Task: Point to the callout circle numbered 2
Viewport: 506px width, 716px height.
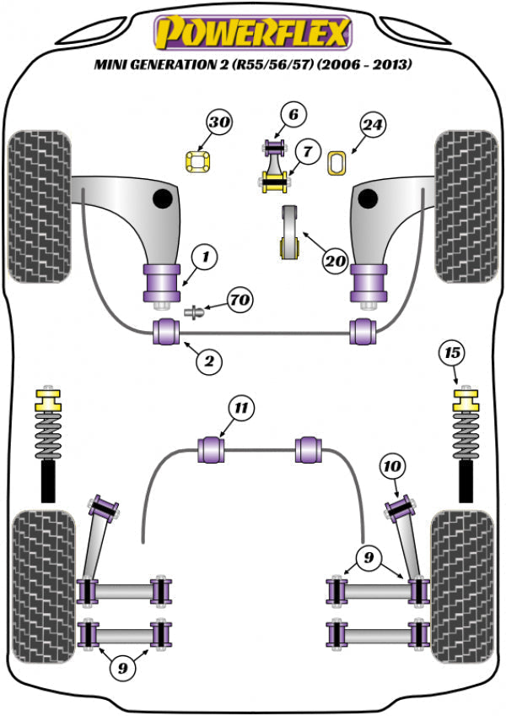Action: point(209,362)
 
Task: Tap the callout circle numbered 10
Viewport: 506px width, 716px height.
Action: point(393,465)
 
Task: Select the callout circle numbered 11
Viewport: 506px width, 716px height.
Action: point(242,410)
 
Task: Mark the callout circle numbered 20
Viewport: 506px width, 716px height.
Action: point(335,262)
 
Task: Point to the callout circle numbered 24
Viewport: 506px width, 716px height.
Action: point(374,127)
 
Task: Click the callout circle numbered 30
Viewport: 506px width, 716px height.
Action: point(220,124)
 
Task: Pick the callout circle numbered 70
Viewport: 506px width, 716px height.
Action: point(240,300)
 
